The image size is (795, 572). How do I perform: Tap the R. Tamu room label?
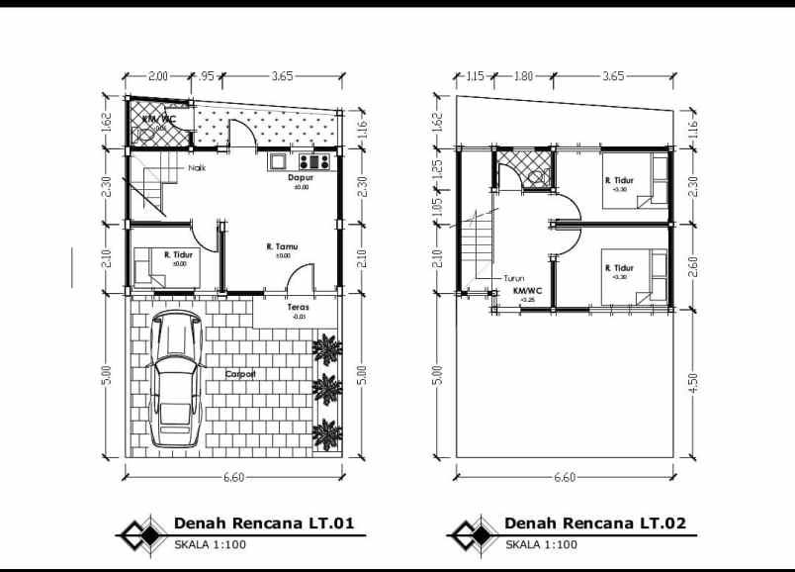[x=282, y=246]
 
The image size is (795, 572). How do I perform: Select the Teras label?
[x=299, y=307]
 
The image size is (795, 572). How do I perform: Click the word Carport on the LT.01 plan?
[x=240, y=374]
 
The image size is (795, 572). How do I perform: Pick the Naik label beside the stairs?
[x=198, y=167]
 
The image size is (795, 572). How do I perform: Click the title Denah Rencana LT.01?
[x=264, y=524]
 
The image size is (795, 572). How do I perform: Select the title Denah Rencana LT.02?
[x=594, y=524]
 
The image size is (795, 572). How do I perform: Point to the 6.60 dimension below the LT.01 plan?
[x=234, y=477]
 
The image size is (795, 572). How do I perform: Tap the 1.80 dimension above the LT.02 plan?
[x=523, y=75]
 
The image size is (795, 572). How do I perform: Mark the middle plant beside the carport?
[x=326, y=385]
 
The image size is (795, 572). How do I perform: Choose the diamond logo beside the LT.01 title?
[x=139, y=534]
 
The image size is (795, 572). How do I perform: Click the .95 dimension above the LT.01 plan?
[x=207, y=75]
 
